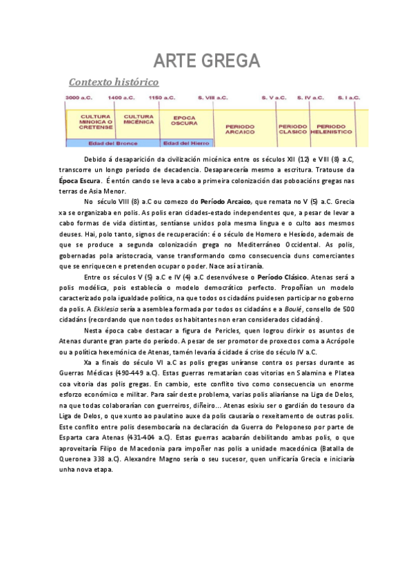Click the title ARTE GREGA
pos(206,61)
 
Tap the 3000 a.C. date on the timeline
pos(78,98)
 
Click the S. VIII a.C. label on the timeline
pos(212,98)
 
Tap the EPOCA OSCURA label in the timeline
pos(184,121)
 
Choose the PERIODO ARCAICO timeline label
pos(240,129)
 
